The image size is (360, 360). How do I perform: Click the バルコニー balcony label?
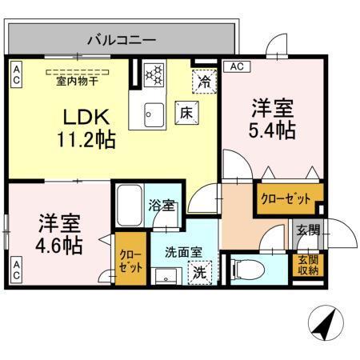point(121,38)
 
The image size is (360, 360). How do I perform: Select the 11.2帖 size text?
point(86,140)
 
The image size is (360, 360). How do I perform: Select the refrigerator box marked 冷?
point(205,81)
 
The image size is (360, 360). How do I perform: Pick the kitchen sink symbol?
point(152,115)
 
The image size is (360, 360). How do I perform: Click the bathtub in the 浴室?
point(129,206)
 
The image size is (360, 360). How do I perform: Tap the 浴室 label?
point(162,206)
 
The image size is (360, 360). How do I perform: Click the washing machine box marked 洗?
point(200,272)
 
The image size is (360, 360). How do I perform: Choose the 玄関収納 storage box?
point(309,266)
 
